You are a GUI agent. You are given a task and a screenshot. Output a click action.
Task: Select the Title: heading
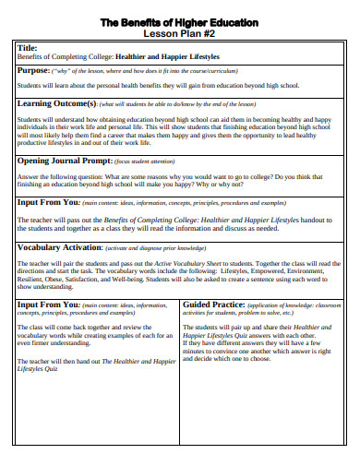(29, 47)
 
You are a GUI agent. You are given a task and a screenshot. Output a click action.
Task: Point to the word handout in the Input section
(316, 220)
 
